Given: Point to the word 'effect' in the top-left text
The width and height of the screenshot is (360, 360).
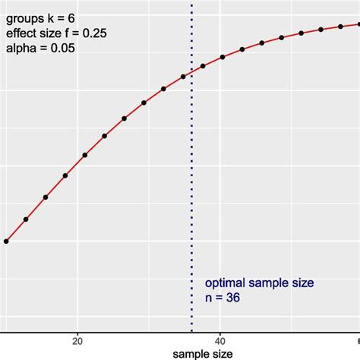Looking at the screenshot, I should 21,33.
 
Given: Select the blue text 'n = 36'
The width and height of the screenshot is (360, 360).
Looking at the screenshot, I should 222,298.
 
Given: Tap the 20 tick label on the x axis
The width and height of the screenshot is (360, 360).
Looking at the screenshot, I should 77,340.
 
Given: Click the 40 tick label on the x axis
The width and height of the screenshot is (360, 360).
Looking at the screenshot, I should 219,340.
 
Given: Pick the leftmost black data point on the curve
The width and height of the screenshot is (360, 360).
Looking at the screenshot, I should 6,242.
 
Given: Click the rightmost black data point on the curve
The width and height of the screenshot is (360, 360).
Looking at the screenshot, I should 340,27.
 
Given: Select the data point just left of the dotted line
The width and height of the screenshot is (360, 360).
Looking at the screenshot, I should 183,77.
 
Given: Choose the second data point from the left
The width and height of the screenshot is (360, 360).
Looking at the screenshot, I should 26,219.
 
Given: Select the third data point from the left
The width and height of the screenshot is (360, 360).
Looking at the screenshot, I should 46,197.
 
